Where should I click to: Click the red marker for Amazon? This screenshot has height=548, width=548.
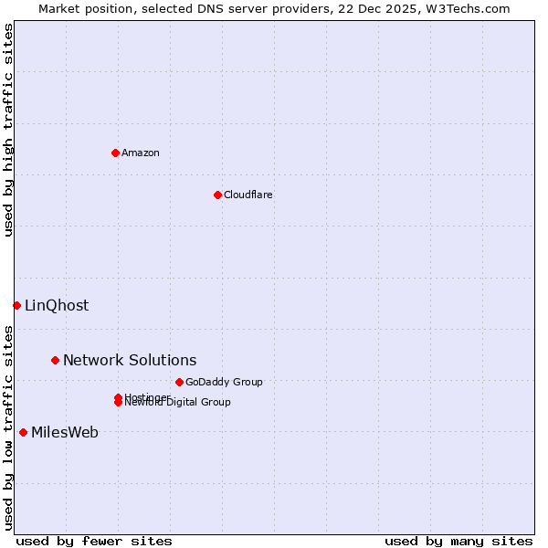tap(115, 153)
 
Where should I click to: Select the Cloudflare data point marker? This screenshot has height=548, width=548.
tap(217, 195)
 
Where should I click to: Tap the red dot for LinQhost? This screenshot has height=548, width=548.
tap(16, 305)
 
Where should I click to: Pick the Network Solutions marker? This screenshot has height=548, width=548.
tap(55, 360)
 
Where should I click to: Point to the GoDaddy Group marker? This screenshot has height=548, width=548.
tap(179, 382)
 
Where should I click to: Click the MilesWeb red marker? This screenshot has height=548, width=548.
tap(23, 432)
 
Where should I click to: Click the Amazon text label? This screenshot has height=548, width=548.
tap(141, 153)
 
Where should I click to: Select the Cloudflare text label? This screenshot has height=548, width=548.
tap(248, 195)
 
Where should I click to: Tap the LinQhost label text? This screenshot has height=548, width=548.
tap(57, 305)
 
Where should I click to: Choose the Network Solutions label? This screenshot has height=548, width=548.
tap(130, 360)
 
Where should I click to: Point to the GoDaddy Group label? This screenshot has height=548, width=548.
tap(224, 382)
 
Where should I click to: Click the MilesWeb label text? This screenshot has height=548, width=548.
tap(65, 432)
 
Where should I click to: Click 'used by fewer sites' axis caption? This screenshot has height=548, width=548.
tap(94, 541)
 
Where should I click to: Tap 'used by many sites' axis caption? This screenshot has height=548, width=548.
tap(458, 541)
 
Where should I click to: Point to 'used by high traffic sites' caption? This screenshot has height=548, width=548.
tap(9, 130)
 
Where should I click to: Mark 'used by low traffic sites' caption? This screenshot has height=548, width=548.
tap(9, 427)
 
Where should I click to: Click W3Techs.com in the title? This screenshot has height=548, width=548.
tap(469, 8)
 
